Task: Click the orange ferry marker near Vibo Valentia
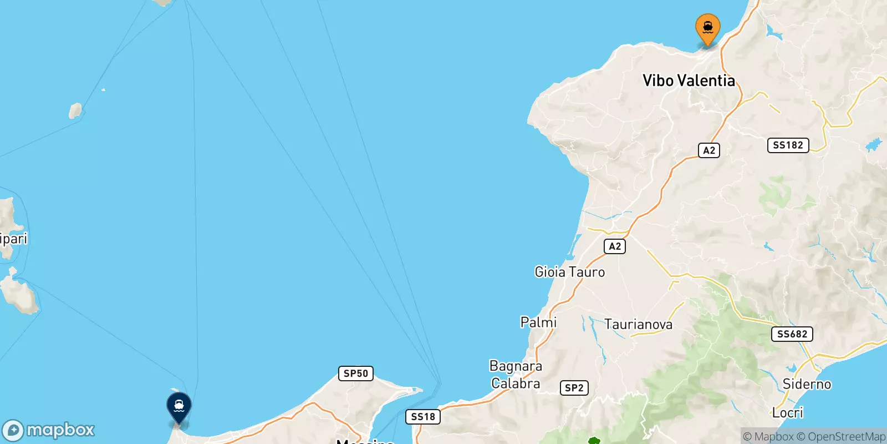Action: pos(707,28)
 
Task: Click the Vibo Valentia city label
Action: pos(689,80)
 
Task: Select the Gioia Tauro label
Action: pos(569,272)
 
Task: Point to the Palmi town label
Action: pos(538,322)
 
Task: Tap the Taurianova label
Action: pos(638,324)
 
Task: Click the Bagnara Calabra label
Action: pos(516,375)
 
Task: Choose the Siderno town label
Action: pos(807,384)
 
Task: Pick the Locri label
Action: pos(787,412)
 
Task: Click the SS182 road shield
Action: pos(788,145)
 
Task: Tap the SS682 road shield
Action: pos(792,334)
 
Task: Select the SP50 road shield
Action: pos(355,374)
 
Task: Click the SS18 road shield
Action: pos(423,417)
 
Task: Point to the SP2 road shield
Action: pos(574,388)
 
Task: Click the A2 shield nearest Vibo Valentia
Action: pos(709,150)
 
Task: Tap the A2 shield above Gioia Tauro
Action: pos(615,246)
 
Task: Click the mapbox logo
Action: pos(49,430)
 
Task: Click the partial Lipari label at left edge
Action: pos(13,239)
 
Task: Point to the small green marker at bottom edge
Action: pos(594,441)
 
